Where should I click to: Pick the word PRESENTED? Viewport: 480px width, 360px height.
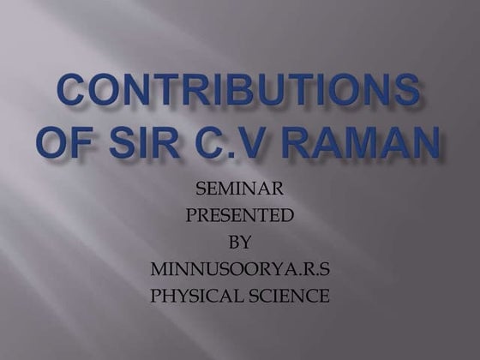click(240, 215)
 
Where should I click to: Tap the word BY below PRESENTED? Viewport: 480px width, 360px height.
click(240, 243)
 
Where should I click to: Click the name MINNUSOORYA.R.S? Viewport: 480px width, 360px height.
click(240, 270)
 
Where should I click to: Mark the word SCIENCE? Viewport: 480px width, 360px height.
click(289, 297)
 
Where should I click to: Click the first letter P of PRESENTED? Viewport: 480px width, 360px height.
click(191, 215)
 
